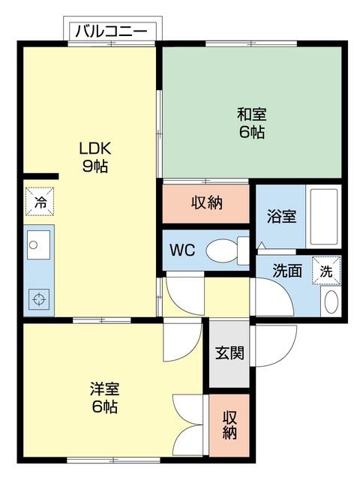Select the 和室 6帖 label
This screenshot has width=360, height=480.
point(251,123)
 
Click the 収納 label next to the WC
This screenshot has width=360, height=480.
point(206,202)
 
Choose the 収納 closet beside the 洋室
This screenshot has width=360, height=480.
point(229,425)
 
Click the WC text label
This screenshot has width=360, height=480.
point(182,250)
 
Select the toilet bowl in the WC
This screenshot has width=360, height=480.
point(223,250)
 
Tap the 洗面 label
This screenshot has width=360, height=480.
point(286,271)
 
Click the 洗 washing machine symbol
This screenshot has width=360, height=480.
point(326,271)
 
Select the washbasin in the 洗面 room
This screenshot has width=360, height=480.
point(330,301)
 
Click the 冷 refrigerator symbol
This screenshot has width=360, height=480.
point(39,201)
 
